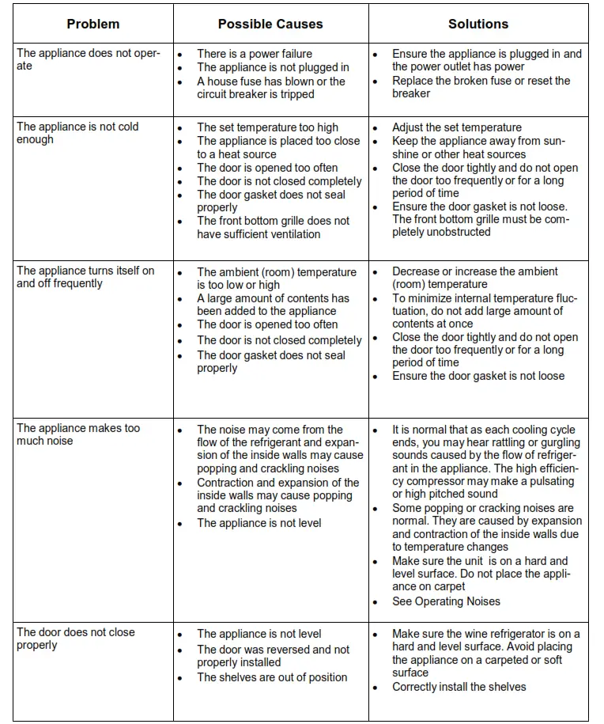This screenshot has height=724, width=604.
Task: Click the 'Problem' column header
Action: (x=93, y=24)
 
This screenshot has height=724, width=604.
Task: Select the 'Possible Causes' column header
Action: (x=270, y=24)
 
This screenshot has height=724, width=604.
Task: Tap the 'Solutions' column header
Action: (x=478, y=24)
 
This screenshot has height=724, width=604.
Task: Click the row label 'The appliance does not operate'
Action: (x=88, y=59)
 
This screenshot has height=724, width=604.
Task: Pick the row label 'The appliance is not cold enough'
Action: (x=77, y=133)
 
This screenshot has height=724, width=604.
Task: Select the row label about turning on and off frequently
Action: (x=85, y=277)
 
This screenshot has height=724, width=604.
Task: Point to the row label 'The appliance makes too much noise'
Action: (x=78, y=434)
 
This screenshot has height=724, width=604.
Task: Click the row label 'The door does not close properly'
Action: (x=76, y=639)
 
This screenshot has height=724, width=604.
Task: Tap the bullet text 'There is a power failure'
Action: (x=255, y=54)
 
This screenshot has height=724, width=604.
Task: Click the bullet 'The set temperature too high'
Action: (x=267, y=127)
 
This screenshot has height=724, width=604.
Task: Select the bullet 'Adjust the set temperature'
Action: (x=457, y=127)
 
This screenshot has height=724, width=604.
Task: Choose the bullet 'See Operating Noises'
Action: (x=446, y=601)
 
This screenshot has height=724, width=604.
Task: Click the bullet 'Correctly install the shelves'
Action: (x=459, y=687)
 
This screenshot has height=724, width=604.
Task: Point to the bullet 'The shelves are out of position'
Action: (x=272, y=677)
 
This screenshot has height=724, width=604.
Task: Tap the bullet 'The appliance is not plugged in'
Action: (x=273, y=67)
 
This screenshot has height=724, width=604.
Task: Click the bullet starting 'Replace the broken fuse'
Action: (x=481, y=87)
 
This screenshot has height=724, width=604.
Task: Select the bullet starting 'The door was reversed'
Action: (x=273, y=656)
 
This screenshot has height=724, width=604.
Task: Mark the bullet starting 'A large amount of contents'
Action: (x=273, y=305)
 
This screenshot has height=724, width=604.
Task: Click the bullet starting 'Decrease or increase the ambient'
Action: (x=474, y=278)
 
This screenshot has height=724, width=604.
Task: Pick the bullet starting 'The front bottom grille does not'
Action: (x=273, y=228)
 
